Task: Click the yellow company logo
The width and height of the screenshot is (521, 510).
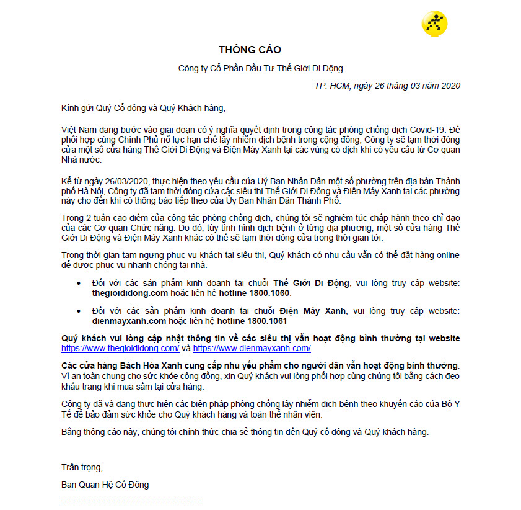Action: [434, 24]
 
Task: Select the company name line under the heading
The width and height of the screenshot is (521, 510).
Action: [260, 68]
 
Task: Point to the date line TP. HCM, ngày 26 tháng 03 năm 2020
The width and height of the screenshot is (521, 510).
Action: [387, 86]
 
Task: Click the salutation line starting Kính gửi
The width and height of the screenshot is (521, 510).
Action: [139, 108]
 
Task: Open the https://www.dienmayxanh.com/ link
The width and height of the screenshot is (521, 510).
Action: [252, 348]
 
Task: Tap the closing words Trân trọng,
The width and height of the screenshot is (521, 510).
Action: [82, 467]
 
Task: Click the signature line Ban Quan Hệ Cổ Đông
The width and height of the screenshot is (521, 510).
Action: [105, 484]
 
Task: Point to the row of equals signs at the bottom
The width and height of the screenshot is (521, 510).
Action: [131, 501]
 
